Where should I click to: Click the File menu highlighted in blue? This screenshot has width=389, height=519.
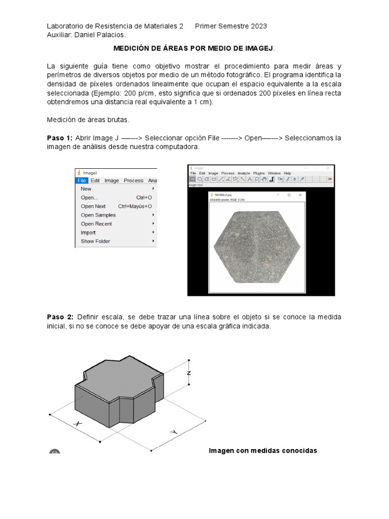click(x=82, y=180)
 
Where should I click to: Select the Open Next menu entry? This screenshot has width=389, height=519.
click(x=93, y=206)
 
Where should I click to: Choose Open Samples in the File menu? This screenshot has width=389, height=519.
click(x=98, y=215)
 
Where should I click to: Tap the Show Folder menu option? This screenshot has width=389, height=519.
click(x=95, y=241)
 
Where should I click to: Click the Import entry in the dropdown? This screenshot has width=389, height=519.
click(x=88, y=233)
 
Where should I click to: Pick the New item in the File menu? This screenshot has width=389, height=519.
click(x=86, y=189)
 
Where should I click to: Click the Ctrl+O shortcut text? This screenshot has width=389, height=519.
click(x=144, y=198)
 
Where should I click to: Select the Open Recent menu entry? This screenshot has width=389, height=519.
click(x=96, y=224)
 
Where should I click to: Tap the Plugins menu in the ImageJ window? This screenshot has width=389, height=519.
click(x=259, y=173)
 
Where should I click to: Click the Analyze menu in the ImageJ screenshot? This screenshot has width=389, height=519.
click(x=244, y=173)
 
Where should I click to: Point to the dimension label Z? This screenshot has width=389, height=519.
click(x=188, y=373)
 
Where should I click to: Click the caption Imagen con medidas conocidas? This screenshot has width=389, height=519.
click(x=263, y=451)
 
